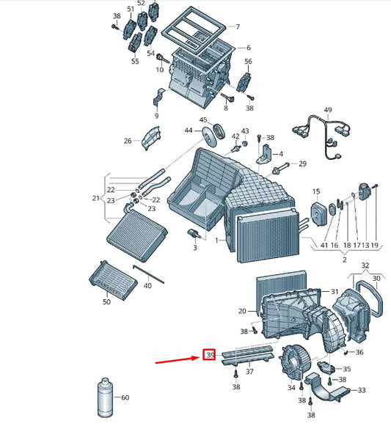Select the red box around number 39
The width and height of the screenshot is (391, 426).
point(209,356)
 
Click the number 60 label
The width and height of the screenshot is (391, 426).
point(125,397)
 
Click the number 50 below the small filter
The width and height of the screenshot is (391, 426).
point(107,301)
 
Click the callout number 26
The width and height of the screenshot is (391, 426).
point(128,141)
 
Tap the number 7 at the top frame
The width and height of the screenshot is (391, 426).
point(237,27)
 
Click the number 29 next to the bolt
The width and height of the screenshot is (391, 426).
point(302,164)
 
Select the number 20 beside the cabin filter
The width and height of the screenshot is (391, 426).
point(242,312)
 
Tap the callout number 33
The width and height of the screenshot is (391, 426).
point(361,390)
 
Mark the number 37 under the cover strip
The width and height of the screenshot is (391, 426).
point(249,372)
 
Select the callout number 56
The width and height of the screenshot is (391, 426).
point(248,62)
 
